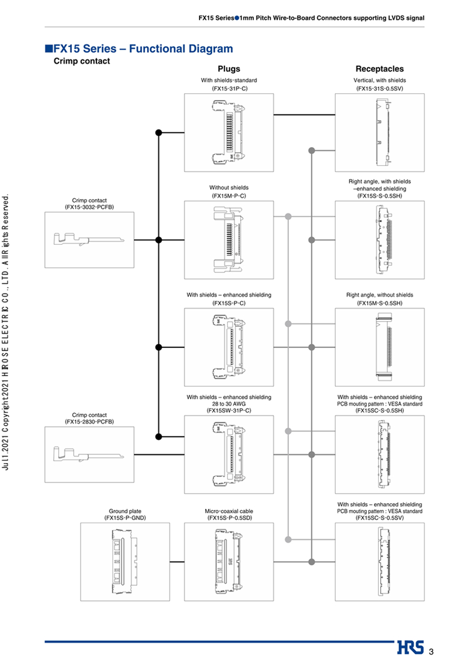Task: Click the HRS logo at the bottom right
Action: pos(410,648)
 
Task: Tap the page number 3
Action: pos(431,651)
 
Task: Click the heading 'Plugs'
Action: pos(229,69)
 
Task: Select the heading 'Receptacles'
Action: pos(380,69)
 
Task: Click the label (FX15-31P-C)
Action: pos(229,88)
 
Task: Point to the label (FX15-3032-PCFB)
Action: pos(89,207)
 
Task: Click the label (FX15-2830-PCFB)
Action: pos(89,422)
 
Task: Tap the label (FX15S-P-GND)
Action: pos(125,518)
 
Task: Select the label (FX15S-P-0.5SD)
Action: pos(229,518)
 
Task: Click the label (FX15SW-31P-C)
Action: pos(229,411)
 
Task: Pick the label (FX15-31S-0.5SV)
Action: pos(380,88)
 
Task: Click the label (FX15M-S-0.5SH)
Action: pos(380,303)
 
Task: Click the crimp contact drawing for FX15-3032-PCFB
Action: pos(89,240)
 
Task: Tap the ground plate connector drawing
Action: pos(125,562)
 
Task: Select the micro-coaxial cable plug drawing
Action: pos(229,562)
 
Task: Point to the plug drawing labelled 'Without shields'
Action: pos(229,240)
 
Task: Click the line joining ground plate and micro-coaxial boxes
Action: pos(177,562)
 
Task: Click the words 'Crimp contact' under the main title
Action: pos(82,61)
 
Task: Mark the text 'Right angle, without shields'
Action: pos(380,295)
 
